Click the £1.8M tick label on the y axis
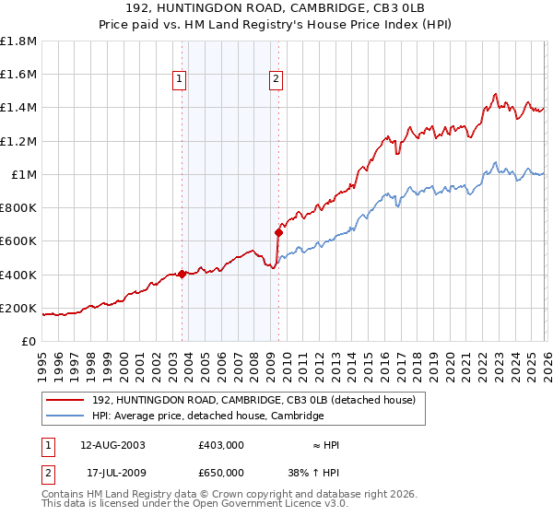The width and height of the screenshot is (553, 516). (18, 41)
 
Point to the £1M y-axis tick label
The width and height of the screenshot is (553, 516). (24, 175)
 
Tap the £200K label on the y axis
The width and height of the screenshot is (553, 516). (18, 309)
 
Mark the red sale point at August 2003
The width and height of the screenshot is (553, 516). (182, 274)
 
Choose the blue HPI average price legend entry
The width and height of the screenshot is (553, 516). (207, 416)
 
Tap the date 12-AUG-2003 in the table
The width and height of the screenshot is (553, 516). (106, 444)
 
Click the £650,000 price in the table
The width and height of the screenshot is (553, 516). (220, 472)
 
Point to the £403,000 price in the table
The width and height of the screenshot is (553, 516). (220, 444)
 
